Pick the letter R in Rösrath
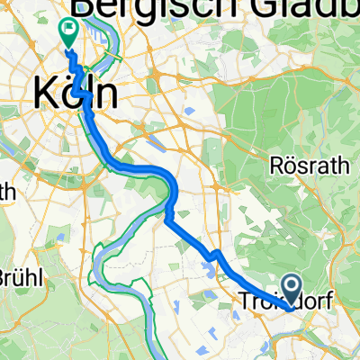276,165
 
